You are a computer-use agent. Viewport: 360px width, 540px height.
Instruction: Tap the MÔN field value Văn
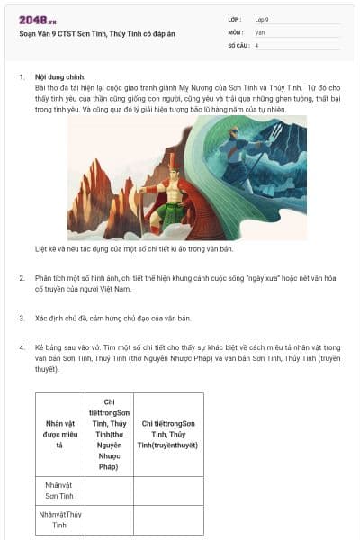259,31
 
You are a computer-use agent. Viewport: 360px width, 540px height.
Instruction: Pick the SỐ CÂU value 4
257,44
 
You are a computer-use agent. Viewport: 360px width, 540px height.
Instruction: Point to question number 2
21,279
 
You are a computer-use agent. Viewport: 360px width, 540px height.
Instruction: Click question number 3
21,318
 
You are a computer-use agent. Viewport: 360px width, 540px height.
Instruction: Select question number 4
21,346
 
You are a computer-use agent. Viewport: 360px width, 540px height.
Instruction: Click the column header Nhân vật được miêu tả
59,434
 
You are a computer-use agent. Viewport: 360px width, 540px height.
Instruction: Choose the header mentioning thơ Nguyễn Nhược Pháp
109,434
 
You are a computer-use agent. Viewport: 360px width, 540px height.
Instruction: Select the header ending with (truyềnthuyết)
168,434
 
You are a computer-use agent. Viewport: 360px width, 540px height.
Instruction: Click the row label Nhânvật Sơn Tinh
59,490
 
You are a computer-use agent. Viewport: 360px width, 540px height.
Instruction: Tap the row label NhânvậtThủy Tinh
59,519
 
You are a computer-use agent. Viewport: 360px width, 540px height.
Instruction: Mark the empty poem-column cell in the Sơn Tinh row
109,490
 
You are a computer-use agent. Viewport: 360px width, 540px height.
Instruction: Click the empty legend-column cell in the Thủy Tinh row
168,519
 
